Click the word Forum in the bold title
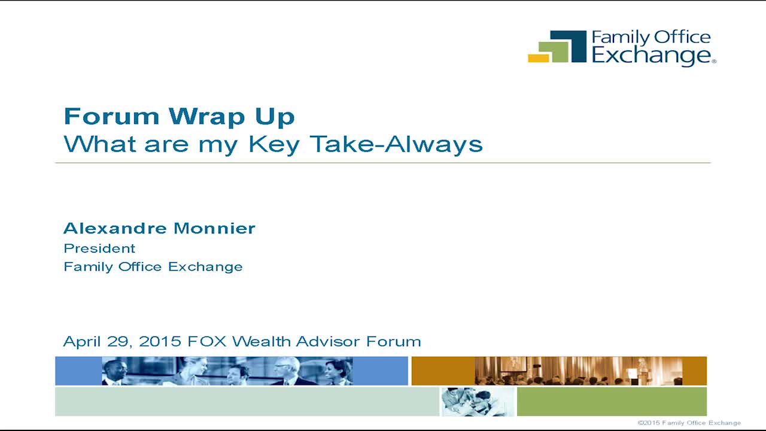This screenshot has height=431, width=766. point(111,116)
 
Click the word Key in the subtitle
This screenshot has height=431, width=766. point(274,145)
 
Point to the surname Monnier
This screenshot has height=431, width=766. point(214,228)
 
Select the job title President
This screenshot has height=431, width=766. point(99,248)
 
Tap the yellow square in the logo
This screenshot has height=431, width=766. point(538,58)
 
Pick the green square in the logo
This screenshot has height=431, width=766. point(554,52)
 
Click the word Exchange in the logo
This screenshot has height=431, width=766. point(652,56)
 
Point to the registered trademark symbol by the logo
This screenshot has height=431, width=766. point(714,61)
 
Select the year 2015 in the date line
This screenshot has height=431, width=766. point(160,341)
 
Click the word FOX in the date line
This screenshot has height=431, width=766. point(207,341)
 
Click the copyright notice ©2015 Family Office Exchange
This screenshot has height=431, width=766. point(689,423)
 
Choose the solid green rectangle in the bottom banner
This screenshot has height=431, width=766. point(612,402)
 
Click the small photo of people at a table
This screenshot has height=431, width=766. point(478,402)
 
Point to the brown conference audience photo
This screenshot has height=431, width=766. point(579,371)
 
